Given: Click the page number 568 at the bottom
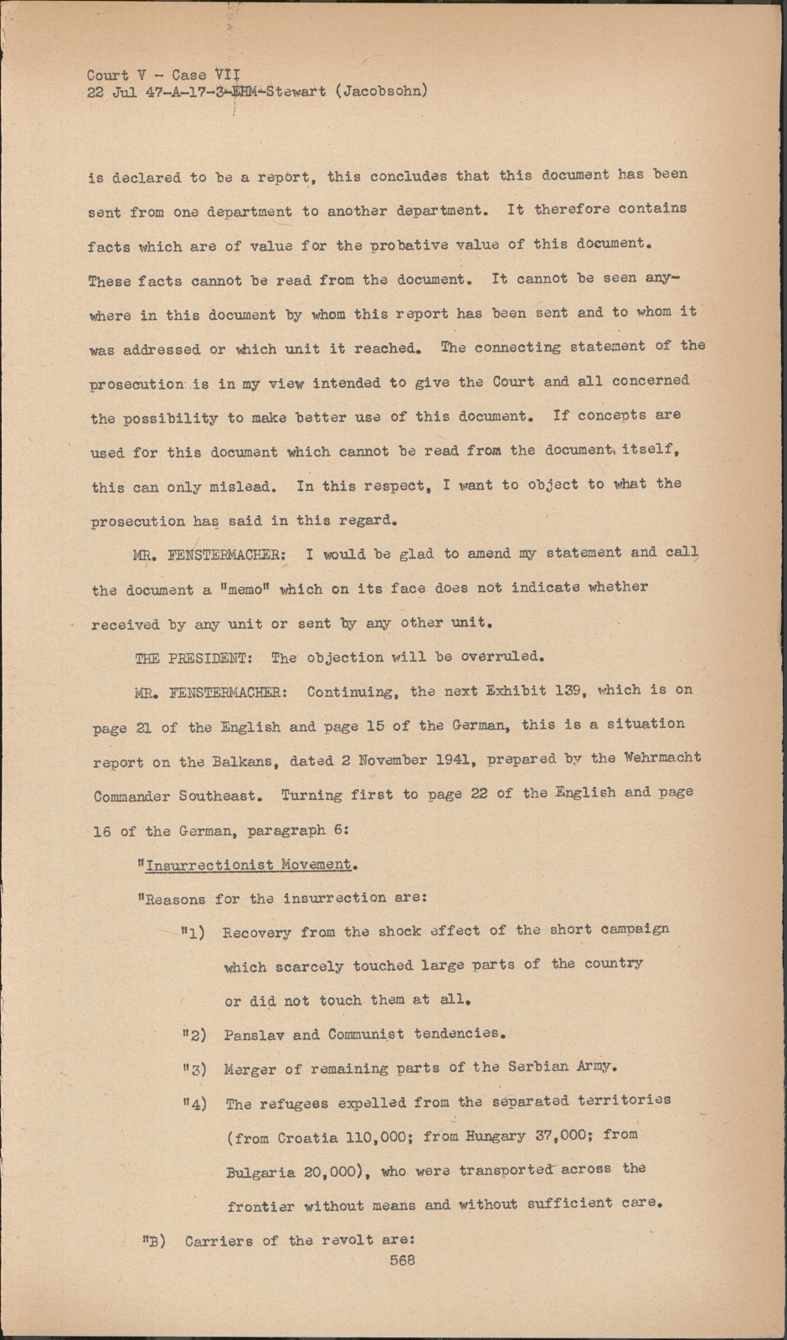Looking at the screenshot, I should tap(402, 1260).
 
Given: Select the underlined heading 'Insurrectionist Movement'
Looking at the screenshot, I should tap(248, 864).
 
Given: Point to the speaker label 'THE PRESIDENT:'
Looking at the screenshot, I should tap(191, 658).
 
